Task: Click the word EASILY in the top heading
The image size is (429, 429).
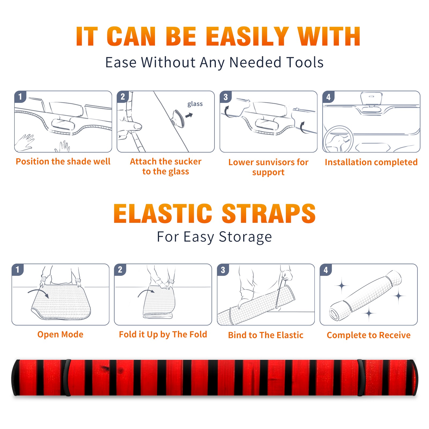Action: click(x=247, y=36)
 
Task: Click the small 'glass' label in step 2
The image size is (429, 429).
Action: click(x=195, y=104)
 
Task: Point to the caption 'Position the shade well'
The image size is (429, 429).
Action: click(x=63, y=161)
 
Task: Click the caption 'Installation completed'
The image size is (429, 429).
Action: click(x=371, y=162)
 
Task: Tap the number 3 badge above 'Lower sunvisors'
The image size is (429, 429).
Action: click(x=225, y=97)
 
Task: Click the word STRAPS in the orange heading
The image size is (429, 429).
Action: click(x=269, y=213)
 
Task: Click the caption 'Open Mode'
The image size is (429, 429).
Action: click(x=60, y=334)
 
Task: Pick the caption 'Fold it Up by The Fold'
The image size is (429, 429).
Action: click(x=163, y=334)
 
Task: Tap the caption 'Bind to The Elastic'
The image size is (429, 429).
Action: click(x=266, y=335)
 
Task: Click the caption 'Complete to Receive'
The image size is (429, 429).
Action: click(x=369, y=335)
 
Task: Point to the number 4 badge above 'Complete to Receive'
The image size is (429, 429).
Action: click(x=326, y=270)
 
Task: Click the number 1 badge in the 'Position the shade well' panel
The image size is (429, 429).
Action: click(x=20, y=97)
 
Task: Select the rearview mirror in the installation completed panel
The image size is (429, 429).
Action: click(x=371, y=98)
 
